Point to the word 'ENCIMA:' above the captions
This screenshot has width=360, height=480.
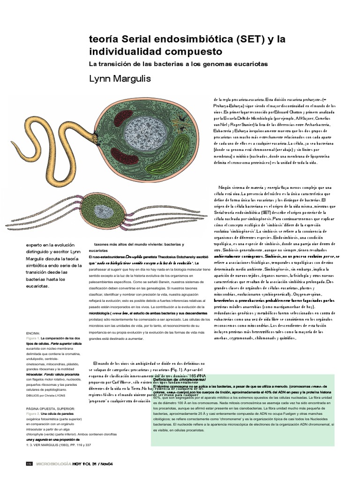[x=33, y=331]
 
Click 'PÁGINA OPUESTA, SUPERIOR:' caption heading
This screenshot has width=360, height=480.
[x=47, y=408]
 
